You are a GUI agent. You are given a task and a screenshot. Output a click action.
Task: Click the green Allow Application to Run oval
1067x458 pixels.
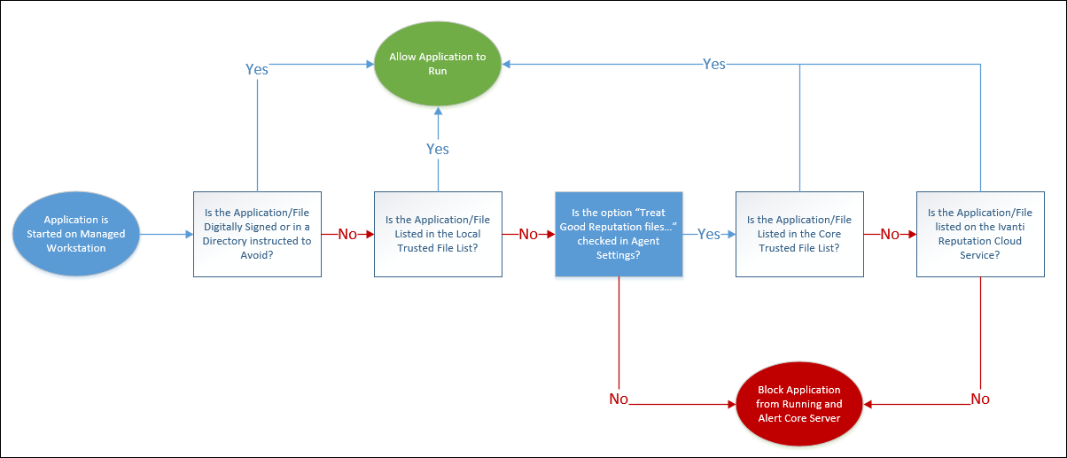point(438,64)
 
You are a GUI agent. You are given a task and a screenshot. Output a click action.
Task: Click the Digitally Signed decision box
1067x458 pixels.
point(257,234)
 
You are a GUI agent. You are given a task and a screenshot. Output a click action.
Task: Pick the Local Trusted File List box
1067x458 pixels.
point(438,234)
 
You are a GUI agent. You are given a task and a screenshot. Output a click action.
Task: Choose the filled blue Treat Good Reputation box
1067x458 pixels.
point(619,234)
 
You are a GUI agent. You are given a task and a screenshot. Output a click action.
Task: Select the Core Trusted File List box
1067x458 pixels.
point(799,234)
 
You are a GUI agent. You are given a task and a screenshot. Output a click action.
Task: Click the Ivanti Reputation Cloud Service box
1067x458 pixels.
point(980,234)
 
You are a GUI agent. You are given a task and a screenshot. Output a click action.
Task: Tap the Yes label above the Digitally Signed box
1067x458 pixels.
point(257,69)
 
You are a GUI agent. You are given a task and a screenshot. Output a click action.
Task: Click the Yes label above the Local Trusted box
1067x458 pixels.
point(438,149)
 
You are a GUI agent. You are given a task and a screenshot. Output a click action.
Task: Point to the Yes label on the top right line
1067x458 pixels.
point(713,64)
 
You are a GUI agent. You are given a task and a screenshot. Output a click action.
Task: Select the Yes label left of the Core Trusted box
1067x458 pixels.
point(709,235)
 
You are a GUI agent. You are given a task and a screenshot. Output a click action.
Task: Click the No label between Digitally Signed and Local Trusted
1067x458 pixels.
point(347,235)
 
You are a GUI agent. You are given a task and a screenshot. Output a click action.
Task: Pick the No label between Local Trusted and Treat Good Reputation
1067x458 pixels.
point(528,235)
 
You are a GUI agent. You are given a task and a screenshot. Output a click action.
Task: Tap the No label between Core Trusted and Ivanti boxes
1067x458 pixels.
point(890,235)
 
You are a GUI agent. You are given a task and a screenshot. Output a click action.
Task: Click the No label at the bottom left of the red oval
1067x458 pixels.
point(619,399)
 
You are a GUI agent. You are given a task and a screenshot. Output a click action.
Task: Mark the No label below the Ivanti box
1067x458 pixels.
point(980,399)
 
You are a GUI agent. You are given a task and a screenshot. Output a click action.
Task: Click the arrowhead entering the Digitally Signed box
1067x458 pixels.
point(189,234)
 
